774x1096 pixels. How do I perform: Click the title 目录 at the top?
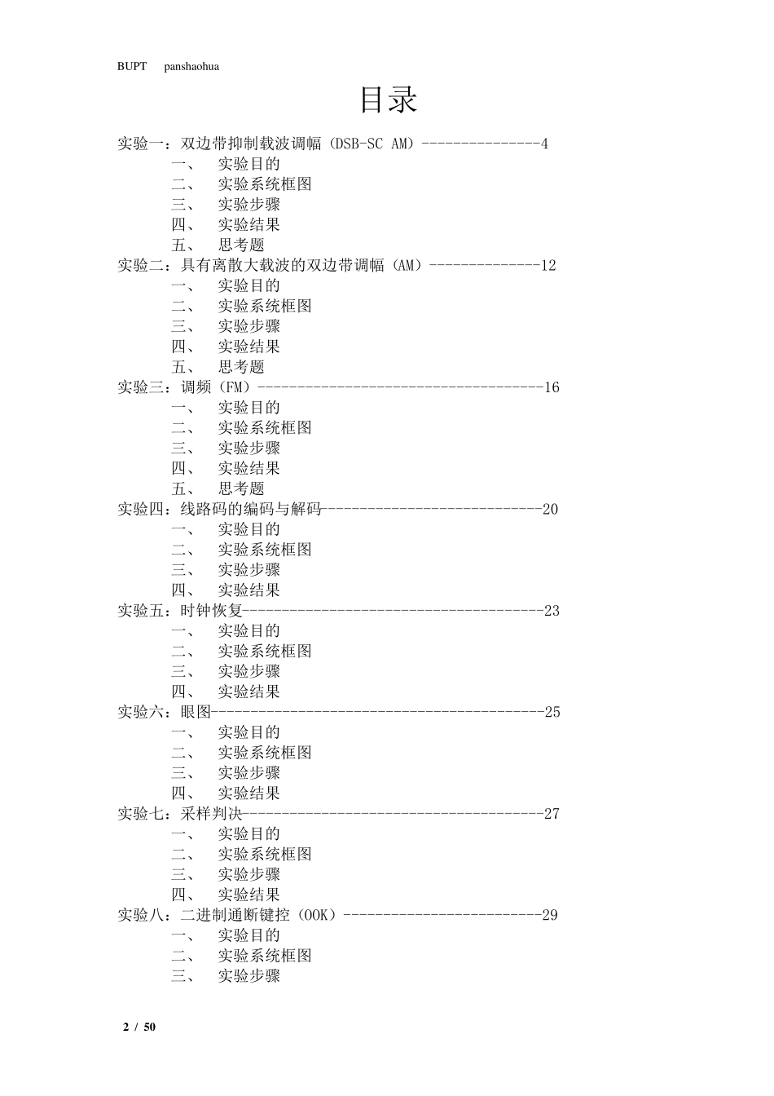click(389, 100)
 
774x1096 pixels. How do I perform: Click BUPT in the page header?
click(131, 67)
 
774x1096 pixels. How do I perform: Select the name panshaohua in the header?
click(191, 67)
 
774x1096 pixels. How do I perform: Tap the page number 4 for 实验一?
click(544, 144)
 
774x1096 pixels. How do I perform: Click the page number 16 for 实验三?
click(552, 388)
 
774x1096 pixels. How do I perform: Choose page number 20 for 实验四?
click(551, 510)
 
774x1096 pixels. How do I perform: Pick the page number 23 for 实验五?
click(552, 612)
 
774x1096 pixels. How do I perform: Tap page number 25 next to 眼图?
click(552, 713)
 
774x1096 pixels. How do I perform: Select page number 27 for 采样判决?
click(552, 814)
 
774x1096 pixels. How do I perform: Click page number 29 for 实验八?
click(550, 916)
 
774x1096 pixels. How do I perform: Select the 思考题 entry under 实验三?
click(241, 489)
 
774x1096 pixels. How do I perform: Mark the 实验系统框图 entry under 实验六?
click(264, 753)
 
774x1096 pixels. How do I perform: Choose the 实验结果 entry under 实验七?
click(248, 895)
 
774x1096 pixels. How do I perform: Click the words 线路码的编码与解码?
click(251, 510)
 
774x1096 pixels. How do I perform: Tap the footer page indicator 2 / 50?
click(139, 1027)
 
